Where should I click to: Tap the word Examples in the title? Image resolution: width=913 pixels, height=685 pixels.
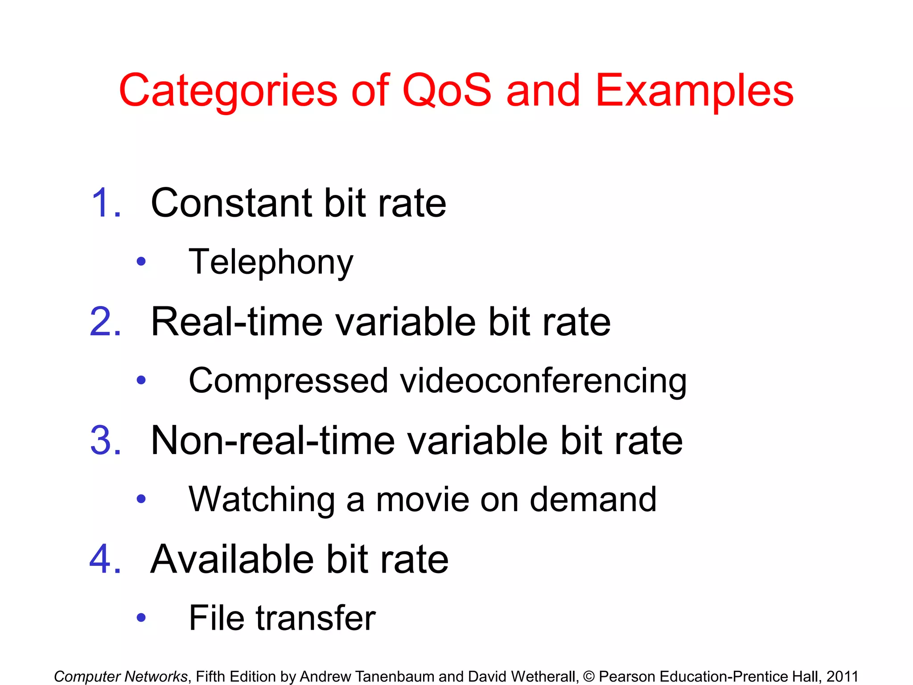coord(694,91)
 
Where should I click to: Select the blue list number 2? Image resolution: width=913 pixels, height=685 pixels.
coord(105,322)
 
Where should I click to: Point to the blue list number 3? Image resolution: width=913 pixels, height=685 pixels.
coord(105,441)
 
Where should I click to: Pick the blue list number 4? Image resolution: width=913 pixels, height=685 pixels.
coord(105,559)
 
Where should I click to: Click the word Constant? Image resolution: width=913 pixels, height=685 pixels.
coord(231,203)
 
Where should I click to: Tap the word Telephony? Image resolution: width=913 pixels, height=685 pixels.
coord(271,262)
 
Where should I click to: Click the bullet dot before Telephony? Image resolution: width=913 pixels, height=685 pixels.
coord(141,262)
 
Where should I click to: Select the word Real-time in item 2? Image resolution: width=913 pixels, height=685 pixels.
coord(236,322)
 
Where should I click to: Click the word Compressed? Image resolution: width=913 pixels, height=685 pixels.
coord(288,381)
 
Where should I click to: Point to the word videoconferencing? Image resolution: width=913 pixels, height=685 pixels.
coord(543,382)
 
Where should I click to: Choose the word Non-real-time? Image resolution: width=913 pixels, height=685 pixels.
coord(273,441)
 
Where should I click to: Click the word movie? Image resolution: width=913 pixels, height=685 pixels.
coord(422,499)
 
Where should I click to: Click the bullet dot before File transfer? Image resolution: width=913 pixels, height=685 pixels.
coord(141,618)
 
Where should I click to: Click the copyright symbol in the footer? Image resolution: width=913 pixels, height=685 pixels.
coord(588,677)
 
